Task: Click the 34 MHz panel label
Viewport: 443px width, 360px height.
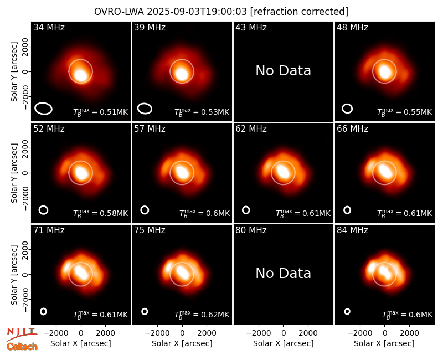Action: tap(49, 27)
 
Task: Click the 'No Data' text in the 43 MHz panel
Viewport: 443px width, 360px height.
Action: tap(283, 71)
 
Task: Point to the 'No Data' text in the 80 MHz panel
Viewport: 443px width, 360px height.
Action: tap(283, 273)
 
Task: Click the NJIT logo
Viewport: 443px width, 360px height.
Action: tap(22, 333)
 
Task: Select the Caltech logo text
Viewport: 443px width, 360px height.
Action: tap(22, 347)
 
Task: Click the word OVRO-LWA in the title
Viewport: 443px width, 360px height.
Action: tap(119, 12)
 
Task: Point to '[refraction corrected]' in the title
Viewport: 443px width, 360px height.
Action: tap(300, 12)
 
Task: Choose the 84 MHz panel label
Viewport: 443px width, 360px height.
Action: tap(352, 230)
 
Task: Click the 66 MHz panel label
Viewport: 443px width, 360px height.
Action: tap(352, 129)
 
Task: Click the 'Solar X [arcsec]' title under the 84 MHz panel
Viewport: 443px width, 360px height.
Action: tap(384, 343)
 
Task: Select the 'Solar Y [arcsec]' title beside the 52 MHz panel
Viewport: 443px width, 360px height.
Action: tap(14, 173)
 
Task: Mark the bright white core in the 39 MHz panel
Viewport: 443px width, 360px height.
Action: tap(182, 74)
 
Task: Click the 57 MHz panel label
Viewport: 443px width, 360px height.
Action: tap(150, 129)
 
